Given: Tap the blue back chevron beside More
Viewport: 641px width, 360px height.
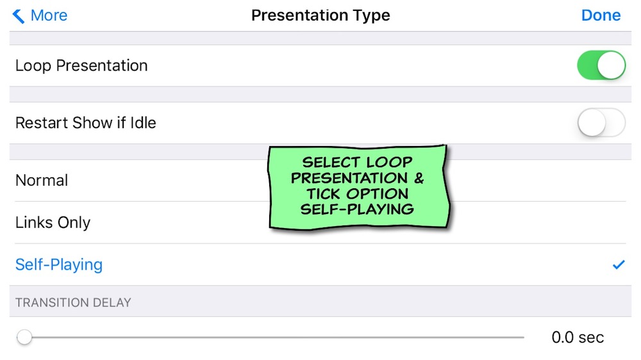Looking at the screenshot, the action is coord(19,16).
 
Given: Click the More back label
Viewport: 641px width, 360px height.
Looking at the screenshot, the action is coord(49,15).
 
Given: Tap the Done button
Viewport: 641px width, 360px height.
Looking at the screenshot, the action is coord(601,15).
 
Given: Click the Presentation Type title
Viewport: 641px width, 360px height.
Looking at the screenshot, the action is coord(320,15).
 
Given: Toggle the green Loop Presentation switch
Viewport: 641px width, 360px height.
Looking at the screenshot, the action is coord(601,65).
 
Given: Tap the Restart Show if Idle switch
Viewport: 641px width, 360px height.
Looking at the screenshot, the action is coord(601,122).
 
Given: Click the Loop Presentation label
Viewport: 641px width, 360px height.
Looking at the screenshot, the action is coord(81,66).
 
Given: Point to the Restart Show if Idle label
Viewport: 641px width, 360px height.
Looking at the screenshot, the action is coord(86,122).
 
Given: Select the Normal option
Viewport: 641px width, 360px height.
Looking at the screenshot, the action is coord(42,180).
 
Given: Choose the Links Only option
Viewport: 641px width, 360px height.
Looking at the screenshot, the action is coord(53,223).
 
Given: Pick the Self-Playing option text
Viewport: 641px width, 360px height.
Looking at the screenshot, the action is coord(59,265).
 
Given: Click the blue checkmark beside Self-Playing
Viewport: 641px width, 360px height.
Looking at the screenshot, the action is coord(619,265).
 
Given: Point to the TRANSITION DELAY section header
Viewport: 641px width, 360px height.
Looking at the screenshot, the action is coord(73,302).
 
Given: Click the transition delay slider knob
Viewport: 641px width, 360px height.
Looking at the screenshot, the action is coord(24,337).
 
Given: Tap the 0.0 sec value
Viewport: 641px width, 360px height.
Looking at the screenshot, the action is coord(578,338).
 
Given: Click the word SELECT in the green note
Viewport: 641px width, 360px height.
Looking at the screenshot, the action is coord(331,162).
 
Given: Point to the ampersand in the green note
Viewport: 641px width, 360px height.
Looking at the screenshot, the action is coord(419,178).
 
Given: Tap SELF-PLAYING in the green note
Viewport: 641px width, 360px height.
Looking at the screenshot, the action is coord(357,209).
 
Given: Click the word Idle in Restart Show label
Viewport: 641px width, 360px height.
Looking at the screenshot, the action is coord(143,122).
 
